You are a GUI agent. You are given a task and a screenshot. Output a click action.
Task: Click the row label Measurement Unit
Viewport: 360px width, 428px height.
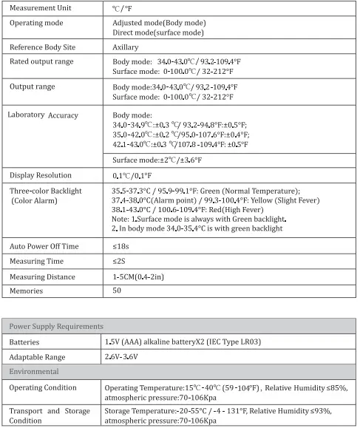(42, 8)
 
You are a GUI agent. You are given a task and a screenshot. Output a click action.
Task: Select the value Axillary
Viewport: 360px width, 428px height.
(126, 47)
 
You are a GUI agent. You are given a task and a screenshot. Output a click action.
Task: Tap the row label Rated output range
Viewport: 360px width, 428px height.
(41, 61)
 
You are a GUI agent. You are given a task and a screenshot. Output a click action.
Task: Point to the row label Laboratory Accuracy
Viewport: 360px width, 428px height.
(43, 115)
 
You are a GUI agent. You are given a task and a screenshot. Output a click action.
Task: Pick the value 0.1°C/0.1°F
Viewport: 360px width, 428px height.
(132, 175)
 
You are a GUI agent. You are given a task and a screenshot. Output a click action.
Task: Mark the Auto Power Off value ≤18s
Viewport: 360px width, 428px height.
(120, 245)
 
